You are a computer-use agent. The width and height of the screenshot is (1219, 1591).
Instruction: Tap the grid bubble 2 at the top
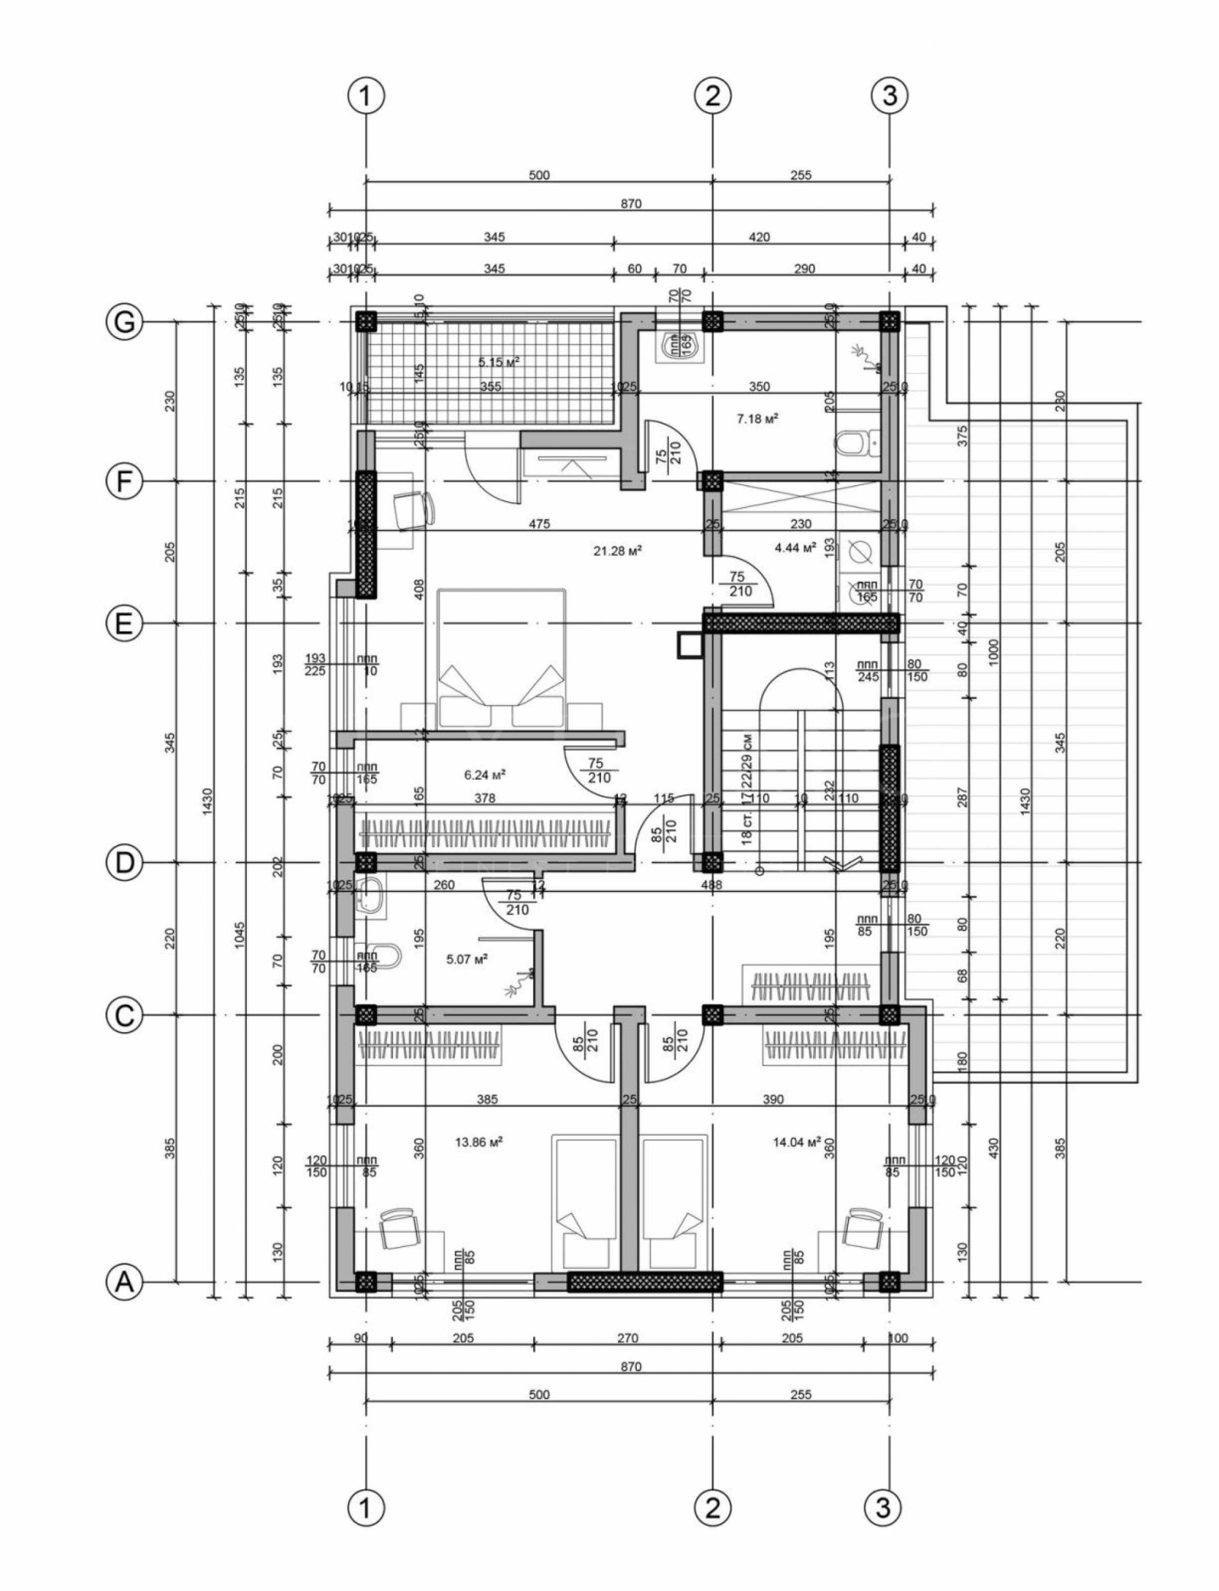pyautogui.click(x=713, y=96)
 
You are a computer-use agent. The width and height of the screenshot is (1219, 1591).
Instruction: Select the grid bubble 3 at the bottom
pyautogui.click(x=883, y=1506)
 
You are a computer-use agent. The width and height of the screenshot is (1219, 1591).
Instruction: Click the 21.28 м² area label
pyautogui.click(x=617, y=550)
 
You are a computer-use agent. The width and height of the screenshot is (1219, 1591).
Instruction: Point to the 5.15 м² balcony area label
pyautogui.click(x=499, y=363)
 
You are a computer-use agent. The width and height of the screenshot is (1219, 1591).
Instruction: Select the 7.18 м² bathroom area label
pyautogui.click(x=757, y=419)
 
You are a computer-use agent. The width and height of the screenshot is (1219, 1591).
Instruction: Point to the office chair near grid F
pyautogui.click(x=412, y=510)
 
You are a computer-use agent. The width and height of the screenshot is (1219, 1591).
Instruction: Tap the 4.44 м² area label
pyautogui.click(x=795, y=547)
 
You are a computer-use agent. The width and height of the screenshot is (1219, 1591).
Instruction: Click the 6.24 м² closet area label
pyautogui.click(x=485, y=775)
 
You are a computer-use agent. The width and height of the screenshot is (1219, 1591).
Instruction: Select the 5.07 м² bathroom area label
pyautogui.click(x=467, y=958)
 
